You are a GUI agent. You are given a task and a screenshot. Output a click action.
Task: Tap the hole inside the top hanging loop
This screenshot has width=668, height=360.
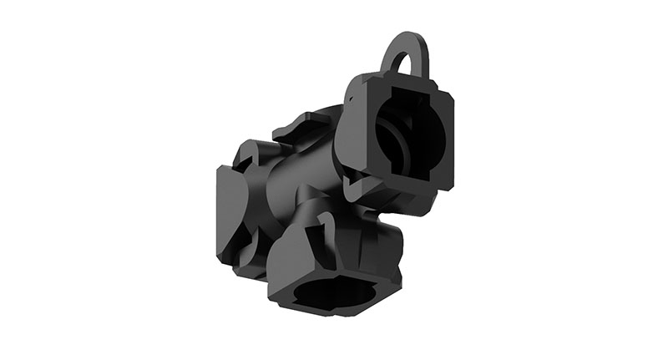[x=405, y=64]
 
